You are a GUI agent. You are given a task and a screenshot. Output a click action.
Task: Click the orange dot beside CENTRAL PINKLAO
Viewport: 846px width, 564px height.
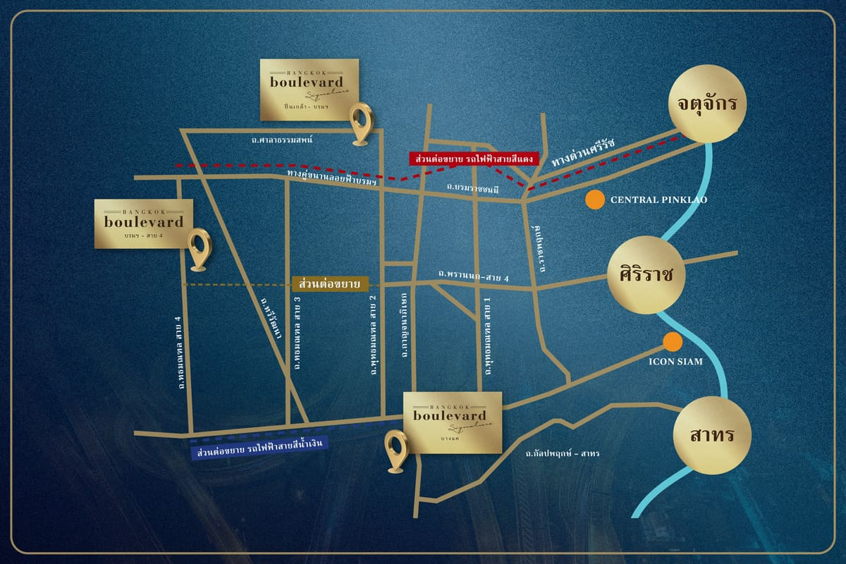point(596,200)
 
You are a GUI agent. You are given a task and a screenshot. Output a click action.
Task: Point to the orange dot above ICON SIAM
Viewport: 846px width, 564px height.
point(673,343)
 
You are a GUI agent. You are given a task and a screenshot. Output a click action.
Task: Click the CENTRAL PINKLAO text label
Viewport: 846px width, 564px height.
point(658,200)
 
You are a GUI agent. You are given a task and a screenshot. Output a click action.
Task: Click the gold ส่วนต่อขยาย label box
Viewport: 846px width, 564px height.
point(330,283)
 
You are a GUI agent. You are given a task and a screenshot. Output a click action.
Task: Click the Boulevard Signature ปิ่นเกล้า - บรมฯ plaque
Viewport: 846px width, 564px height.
point(309,89)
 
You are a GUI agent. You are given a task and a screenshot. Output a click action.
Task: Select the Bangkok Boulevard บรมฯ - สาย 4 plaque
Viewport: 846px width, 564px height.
point(143,223)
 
